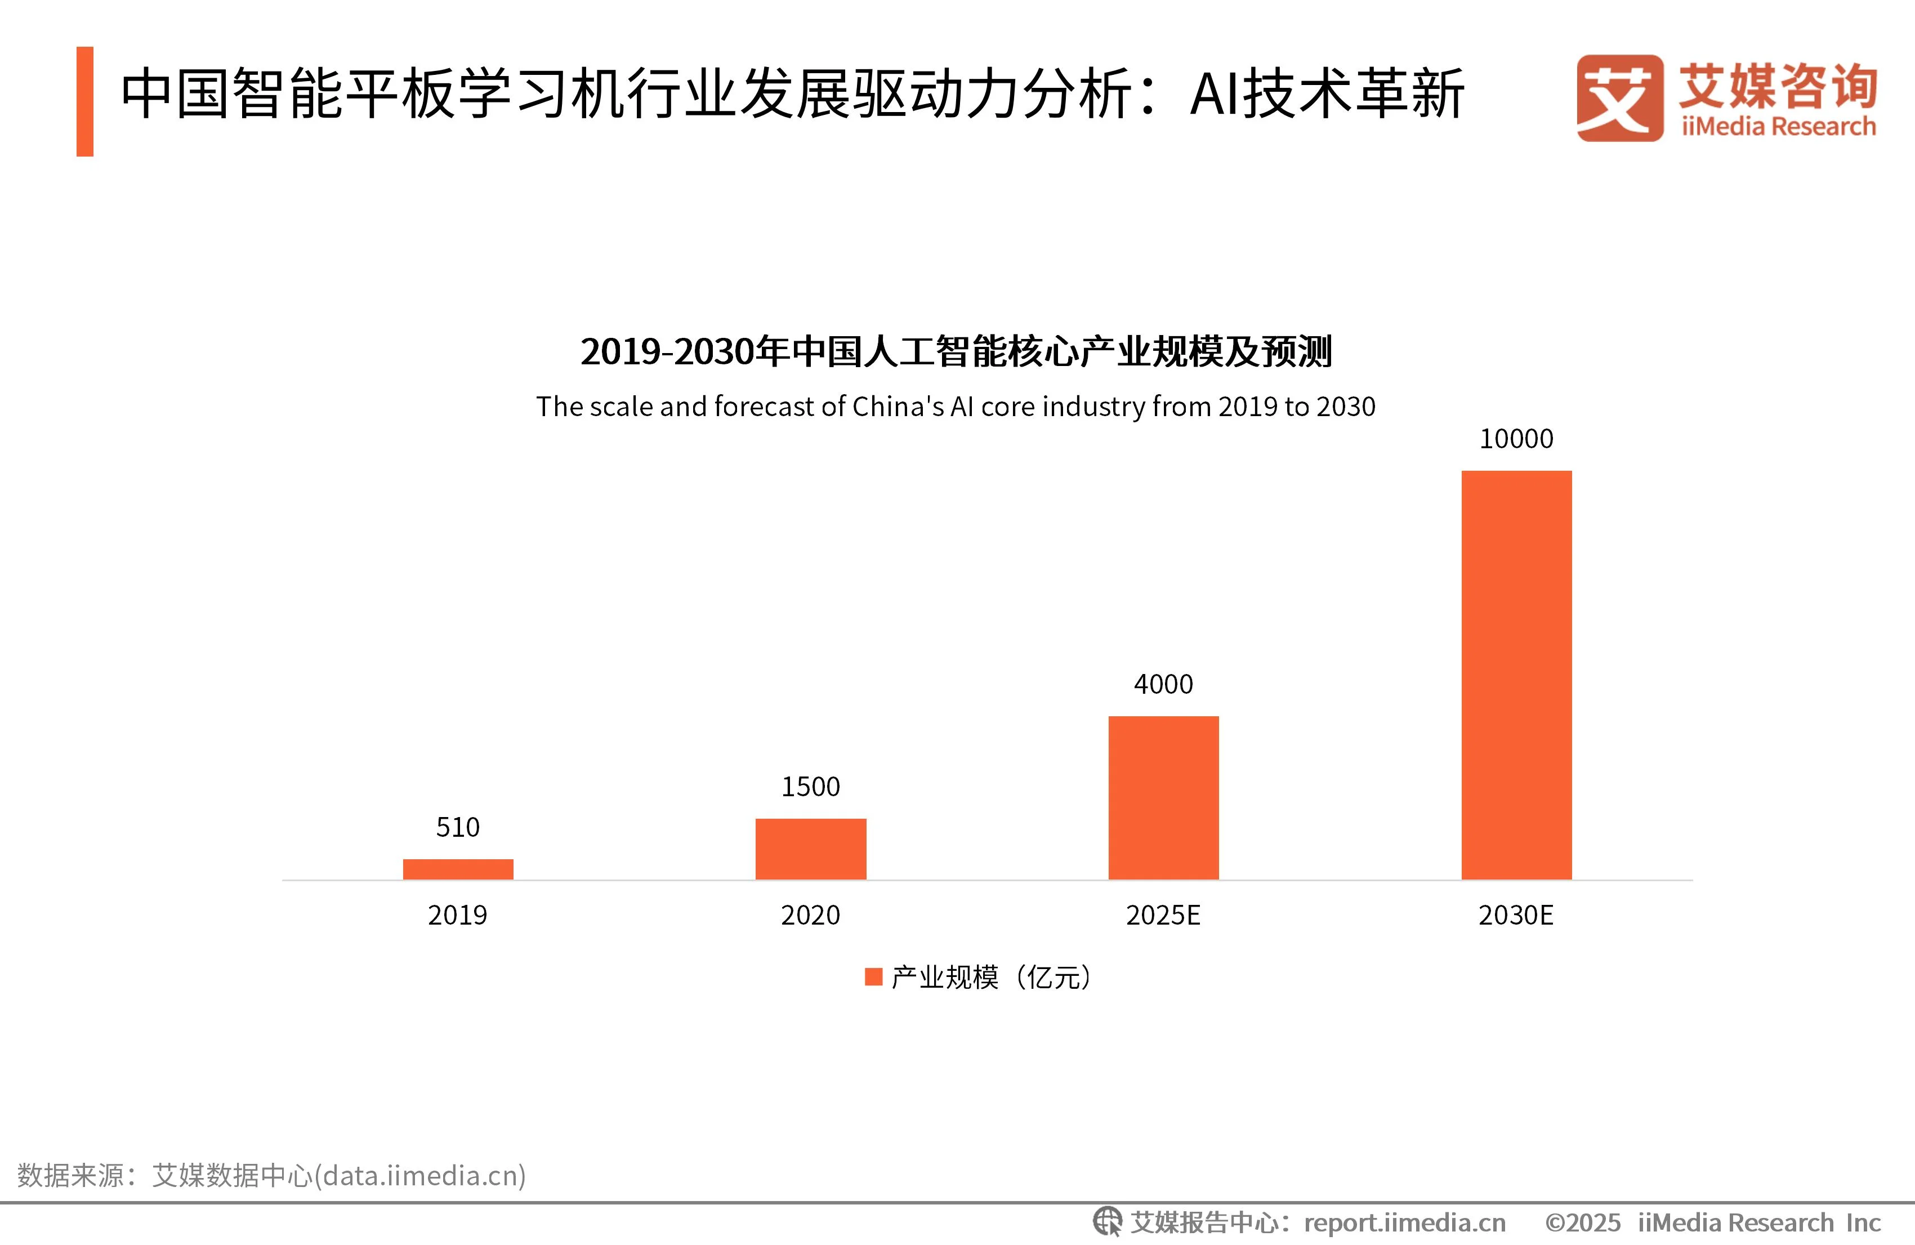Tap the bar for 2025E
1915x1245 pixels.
pos(1163,797)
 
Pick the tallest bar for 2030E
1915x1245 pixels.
pos(1516,675)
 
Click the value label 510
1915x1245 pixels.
pos(458,827)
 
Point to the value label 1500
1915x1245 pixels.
pos(810,786)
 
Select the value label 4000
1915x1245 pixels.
pos(1163,684)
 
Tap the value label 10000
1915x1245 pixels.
pos(1516,439)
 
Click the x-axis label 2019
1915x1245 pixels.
pos(458,915)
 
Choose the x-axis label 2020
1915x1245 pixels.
pos(810,915)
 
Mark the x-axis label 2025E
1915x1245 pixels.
pos(1163,915)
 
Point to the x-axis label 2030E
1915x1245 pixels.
pos(1516,915)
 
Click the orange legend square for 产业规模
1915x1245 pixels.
pos(873,977)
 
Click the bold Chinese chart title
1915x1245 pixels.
pos(956,352)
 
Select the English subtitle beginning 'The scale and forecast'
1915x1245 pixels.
pos(956,407)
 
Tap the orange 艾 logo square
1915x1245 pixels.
pos(1620,98)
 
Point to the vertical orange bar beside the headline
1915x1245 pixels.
pos(84,101)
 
